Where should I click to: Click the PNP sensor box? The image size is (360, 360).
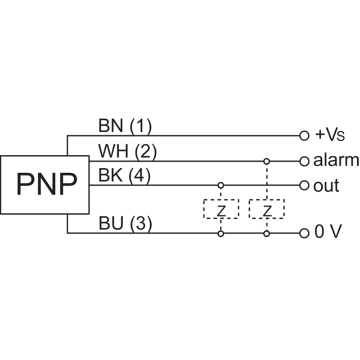[x=45, y=184]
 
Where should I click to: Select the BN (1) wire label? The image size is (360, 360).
[x=125, y=126]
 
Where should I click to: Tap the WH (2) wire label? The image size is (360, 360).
[x=127, y=152]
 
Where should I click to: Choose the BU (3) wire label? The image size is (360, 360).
[x=125, y=224]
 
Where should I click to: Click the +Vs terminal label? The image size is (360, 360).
[x=329, y=135]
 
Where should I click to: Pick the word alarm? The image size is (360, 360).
[x=336, y=160]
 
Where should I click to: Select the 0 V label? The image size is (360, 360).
[x=328, y=233]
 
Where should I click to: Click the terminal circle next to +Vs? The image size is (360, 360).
[x=304, y=135]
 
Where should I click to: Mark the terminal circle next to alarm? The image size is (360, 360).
[x=304, y=161]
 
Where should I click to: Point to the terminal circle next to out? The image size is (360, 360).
[x=304, y=185]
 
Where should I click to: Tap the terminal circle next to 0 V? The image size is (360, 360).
[x=304, y=233]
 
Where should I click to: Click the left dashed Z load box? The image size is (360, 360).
[x=220, y=209]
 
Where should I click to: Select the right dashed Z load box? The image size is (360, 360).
[x=267, y=209]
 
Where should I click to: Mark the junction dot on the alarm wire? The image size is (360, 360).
[x=267, y=161]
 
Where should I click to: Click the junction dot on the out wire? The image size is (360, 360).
[x=220, y=185]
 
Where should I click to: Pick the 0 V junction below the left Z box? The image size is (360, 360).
[x=220, y=233]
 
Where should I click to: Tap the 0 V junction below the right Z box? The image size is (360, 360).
[x=267, y=233]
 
